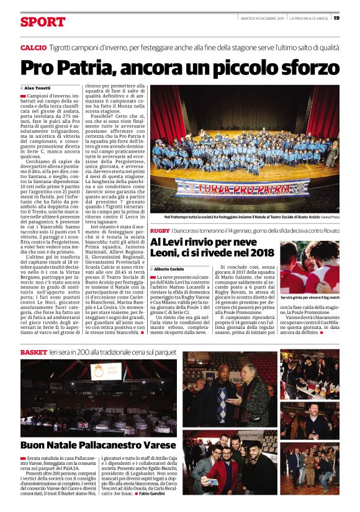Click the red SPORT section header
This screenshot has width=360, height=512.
(x=42, y=22)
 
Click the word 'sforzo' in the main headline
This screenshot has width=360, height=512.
(x=308, y=67)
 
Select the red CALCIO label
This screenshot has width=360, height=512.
(x=33, y=48)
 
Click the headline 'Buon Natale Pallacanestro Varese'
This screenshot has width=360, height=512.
(x=89, y=445)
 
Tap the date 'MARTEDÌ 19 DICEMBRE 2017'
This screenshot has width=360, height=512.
(x=263, y=18)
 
